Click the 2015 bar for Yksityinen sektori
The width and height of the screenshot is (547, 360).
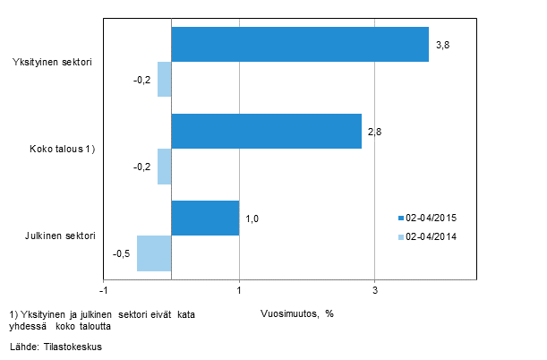point(300,44)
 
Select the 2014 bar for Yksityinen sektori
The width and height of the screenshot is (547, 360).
point(165,79)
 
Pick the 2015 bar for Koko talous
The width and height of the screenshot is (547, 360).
point(266,131)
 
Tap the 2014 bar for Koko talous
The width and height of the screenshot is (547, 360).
point(165,166)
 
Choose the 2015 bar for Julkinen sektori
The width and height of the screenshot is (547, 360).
point(205,218)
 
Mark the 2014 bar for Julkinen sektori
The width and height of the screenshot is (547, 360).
point(154,253)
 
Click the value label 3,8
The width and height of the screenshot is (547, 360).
point(442,44)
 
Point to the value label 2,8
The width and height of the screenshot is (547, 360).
point(375,131)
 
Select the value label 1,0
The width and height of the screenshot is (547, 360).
point(252,218)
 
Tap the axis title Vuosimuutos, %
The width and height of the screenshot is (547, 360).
point(297,313)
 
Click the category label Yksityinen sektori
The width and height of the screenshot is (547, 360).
point(54,62)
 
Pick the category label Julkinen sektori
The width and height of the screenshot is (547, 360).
point(59,236)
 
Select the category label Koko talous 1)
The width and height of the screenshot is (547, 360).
point(62,149)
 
